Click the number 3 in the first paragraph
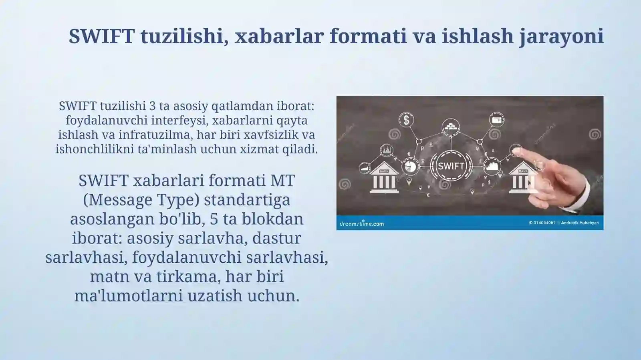coord(152,106)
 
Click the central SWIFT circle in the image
coord(451,166)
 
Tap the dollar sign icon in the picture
coord(406,120)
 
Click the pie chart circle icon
coord(410,166)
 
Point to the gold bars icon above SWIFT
coord(450,127)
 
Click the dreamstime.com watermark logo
coord(361,223)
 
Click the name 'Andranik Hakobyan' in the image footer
coord(580,223)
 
